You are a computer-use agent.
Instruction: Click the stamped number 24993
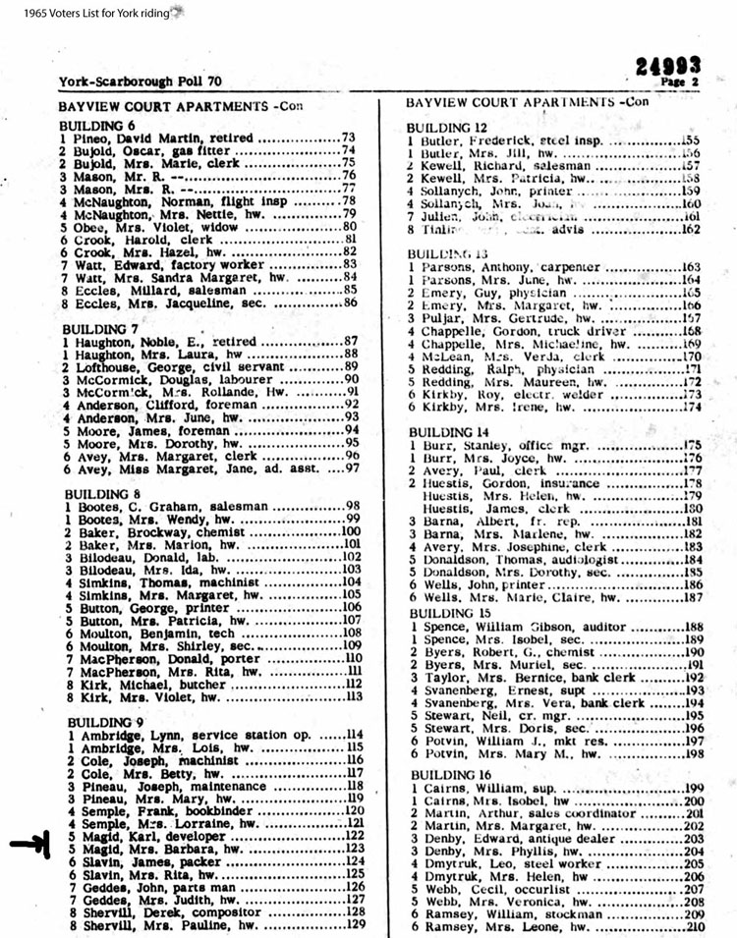pos(667,66)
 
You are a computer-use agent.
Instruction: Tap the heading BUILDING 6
pos(96,126)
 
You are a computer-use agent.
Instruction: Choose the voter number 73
pos(347,138)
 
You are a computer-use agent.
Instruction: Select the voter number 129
pos(356,924)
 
